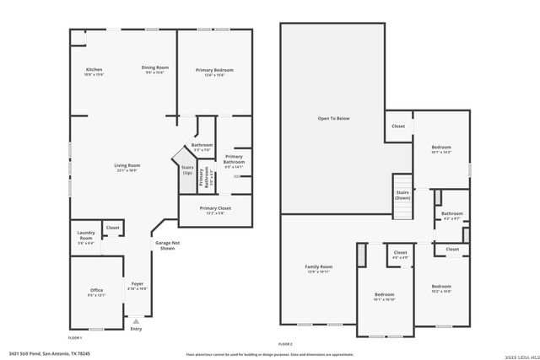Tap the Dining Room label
pyautogui.click(x=155, y=70)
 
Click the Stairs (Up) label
pyautogui.click(x=187, y=170)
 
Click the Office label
pyautogui.click(x=96, y=293)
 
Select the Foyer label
pyautogui.click(x=137, y=286)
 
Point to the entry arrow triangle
pyautogui.click(x=136, y=320)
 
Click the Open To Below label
pyautogui.click(x=333, y=118)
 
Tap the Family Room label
pyautogui.click(x=319, y=269)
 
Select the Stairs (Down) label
pyautogui.click(x=403, y=195)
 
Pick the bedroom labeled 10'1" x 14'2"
pyautogui.click(x=441, y=149)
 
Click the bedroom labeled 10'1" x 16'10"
pyautogui.click(x=385, y=296)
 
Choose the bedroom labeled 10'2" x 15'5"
pyautogui.click(x=441, y=291)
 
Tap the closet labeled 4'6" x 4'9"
pyautogui.click(x=400, y=255)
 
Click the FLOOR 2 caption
pyautogui.click(x=285, y=344)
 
